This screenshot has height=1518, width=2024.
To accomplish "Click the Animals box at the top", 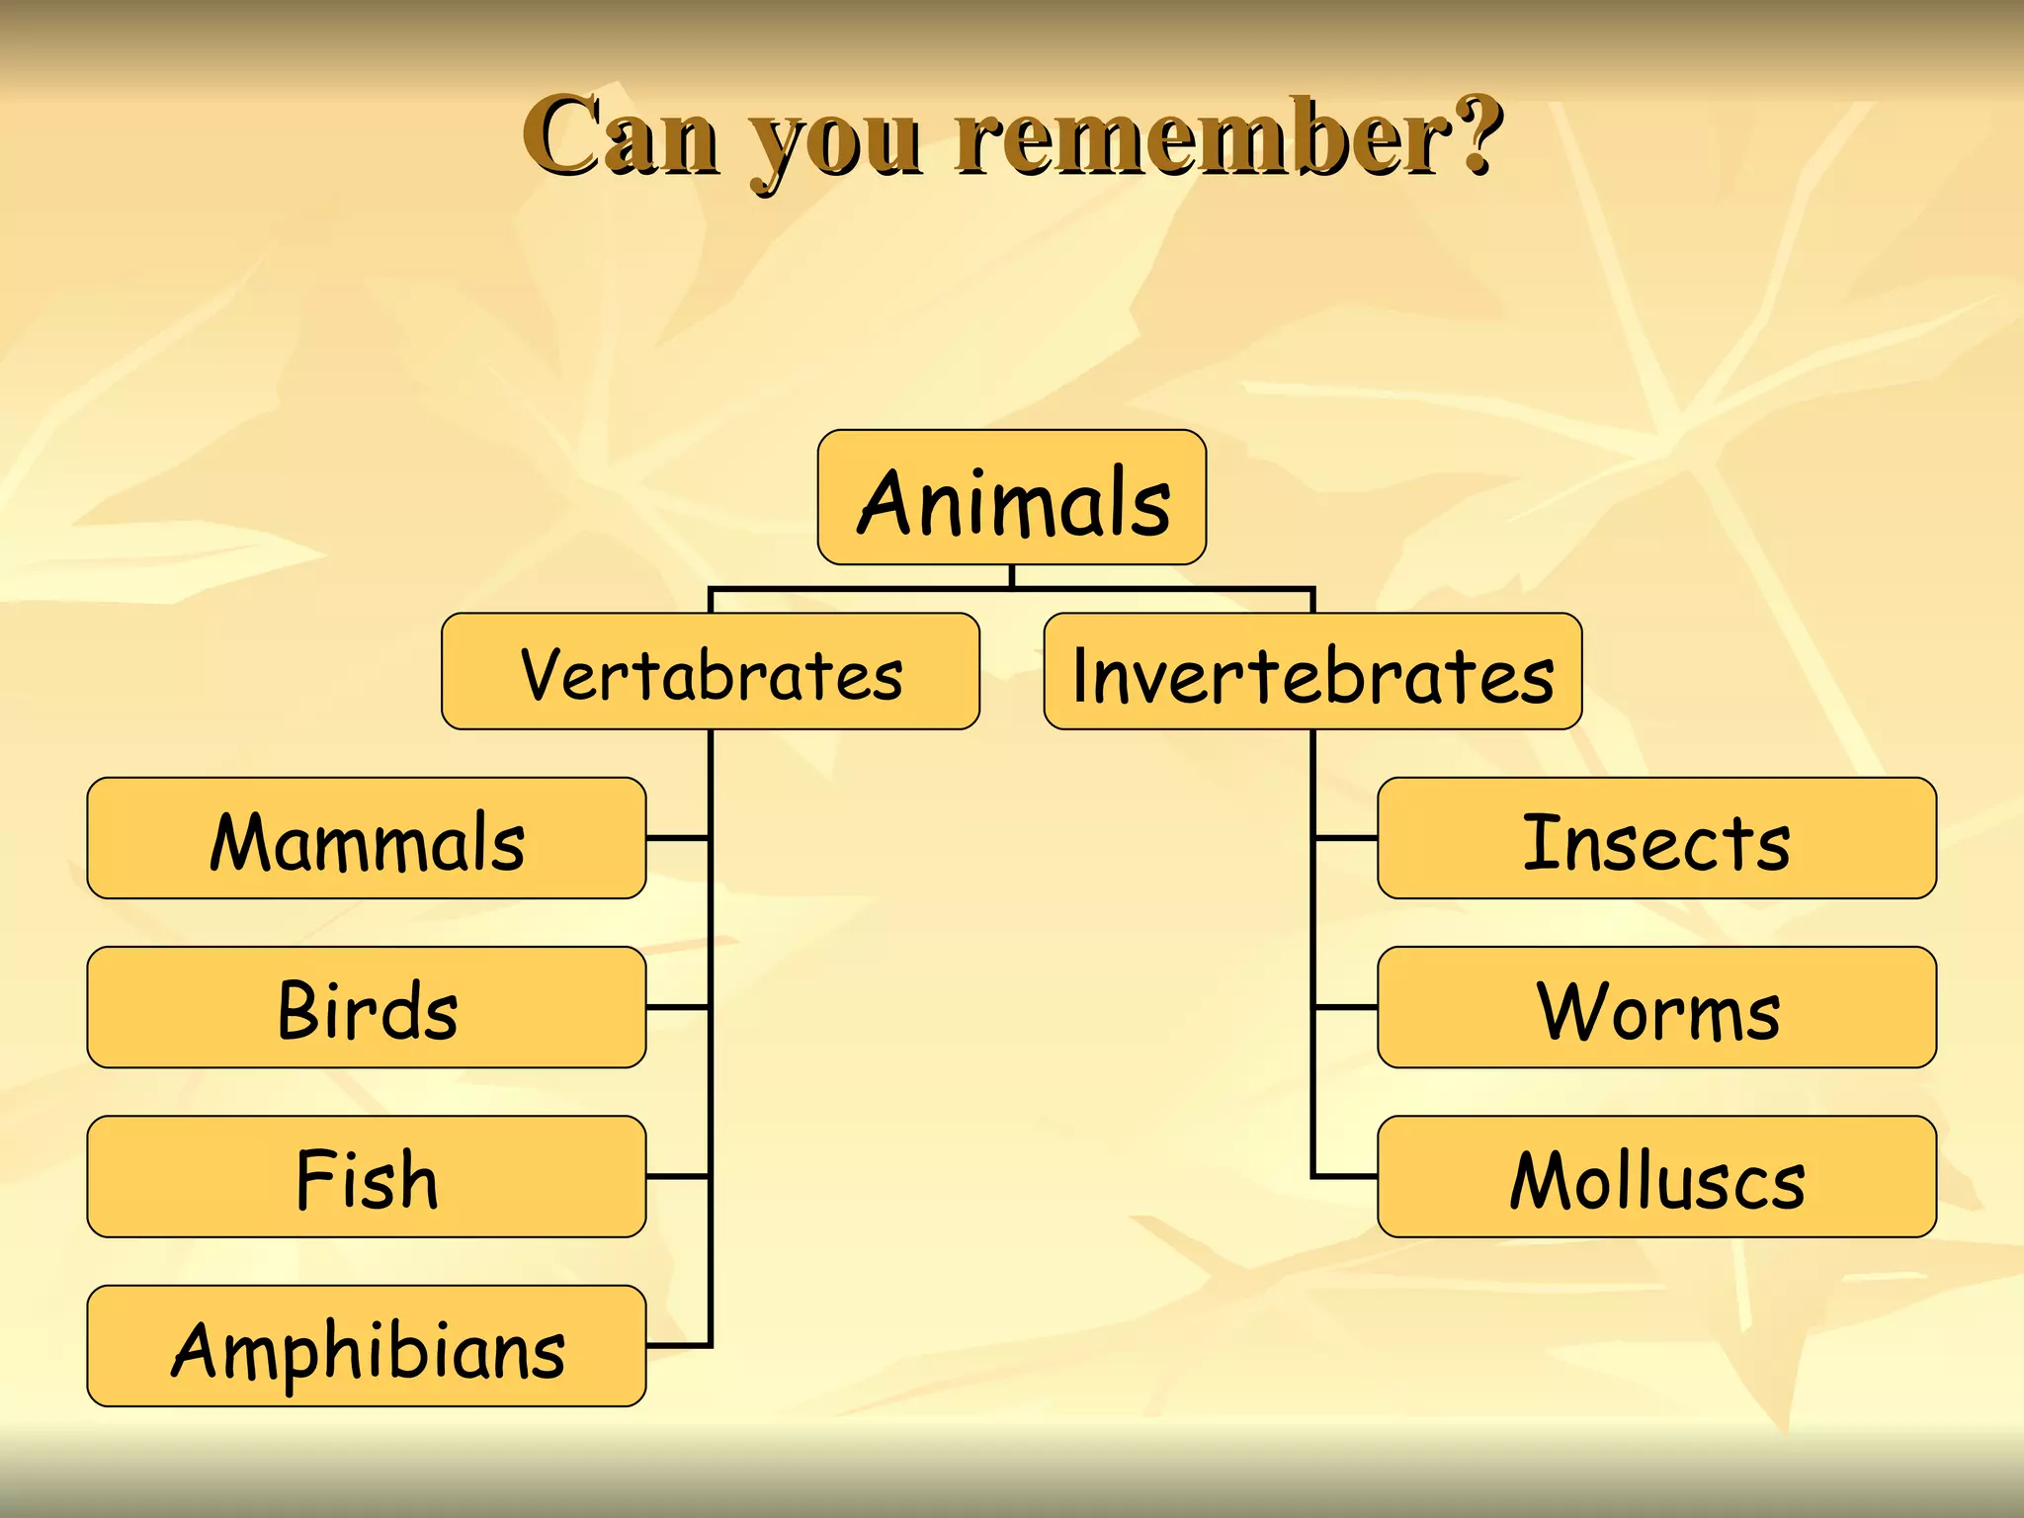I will pyautogui.click(x=1012, y=497).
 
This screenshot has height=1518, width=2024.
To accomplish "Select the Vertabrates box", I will pyautogui.click(x=711, y=672).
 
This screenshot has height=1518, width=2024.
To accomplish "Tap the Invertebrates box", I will pyautogui.click(x=1312, y=672).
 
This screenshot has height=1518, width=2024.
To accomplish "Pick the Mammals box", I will pyautogui.click(x=367, y=838).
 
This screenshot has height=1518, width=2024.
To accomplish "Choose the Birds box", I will pyautogui.click(x=367, y=1007).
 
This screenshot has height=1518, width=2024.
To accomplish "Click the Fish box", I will pyautogui.click(x=367, y=1177).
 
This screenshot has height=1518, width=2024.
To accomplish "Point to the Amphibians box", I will pyautogui.click(x=367, y=1346).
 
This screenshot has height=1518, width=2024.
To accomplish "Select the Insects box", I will pyautogui.click(x=1656, y=838).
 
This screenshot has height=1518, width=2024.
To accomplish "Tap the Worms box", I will pyautogui.click(x=1656, y=1007).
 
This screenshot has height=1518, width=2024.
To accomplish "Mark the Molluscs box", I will pyautogui.click(x=1656, y=1177).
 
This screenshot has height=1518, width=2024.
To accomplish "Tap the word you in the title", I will pyautogui.click(x=836, y=143).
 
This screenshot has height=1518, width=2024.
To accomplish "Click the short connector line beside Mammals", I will pyautogui.click(x=678, y=838).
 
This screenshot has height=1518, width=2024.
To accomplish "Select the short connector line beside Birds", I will pyautogui.click(x=678, y=1007).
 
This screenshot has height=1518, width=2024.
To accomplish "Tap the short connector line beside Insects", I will pyautogui.click(x=1345, y=838).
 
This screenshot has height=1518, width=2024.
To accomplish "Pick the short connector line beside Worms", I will pyautogui.click(x=1345, y=1007).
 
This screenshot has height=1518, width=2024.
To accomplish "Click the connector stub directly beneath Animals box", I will pyautogui.click(x=1012, y=576).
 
